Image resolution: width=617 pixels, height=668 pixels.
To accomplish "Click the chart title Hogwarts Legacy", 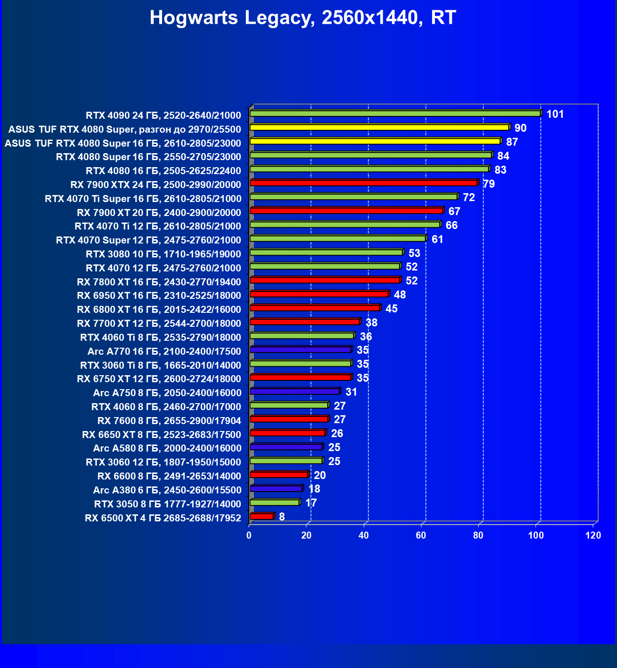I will coord(303,18).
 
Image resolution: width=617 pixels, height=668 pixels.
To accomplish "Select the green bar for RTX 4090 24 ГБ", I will coord(395,113).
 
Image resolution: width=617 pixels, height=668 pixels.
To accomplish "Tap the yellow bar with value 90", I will coord(379,127).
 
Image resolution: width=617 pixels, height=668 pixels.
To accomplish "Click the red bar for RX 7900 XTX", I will coord(363,183).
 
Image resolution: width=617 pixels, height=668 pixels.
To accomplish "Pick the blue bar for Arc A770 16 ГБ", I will coord(300,350).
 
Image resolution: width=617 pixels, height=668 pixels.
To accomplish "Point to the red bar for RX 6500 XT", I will coord(262,516).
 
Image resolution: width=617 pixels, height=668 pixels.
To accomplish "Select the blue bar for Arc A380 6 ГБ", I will coord(276,489).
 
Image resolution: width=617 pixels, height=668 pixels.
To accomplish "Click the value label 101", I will coord(555,114).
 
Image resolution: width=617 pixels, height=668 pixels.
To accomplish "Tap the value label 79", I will coord(489,184).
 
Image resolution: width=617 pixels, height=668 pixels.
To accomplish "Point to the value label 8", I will coord(282,517).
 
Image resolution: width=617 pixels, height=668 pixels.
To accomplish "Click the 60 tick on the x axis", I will coord(421,535).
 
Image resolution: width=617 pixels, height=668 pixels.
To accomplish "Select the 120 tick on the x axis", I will coord(593,535).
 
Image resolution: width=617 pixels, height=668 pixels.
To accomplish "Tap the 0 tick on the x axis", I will coord(249,535).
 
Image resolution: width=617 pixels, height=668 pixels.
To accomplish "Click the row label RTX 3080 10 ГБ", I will coord(163,254).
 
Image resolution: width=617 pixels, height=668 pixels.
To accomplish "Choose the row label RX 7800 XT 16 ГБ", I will coord(159,282).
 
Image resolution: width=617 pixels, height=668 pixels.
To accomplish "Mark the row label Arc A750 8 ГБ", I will coord(167,393).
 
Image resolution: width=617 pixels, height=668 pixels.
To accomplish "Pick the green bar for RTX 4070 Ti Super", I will coord(353,197).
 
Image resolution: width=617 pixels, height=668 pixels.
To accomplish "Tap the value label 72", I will coord(469,197).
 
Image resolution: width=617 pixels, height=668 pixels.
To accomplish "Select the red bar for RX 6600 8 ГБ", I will coord(279,475).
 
